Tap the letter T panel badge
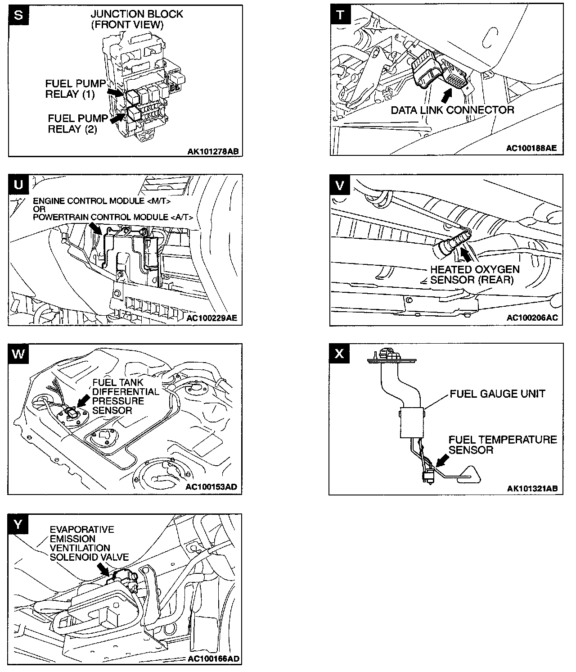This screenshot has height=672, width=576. [340, 14]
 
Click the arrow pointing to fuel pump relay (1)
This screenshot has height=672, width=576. [116, 93]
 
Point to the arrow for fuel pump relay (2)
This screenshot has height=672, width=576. [117, 118]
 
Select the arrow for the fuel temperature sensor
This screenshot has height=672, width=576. [442, 459]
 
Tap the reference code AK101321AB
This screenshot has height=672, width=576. [532, 488]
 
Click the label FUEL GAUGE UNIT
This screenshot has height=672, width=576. [497, 394]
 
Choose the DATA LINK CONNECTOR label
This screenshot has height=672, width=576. [452, 110]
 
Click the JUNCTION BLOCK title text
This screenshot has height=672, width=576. [137, 14]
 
